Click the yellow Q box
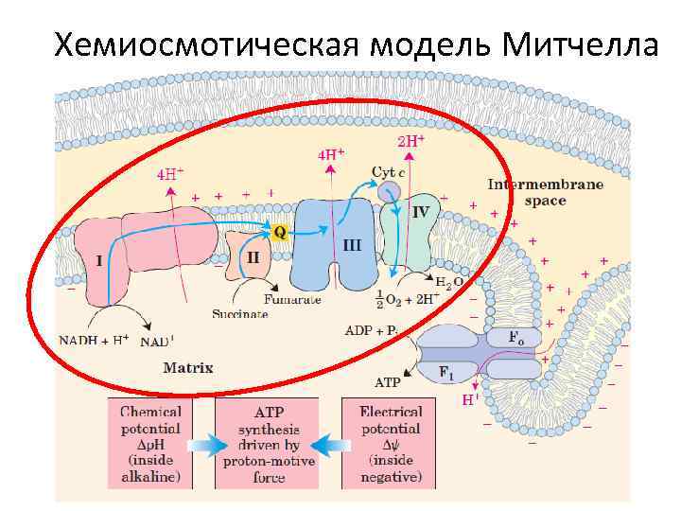[x=279, y=231]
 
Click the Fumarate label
[x=292, y=299]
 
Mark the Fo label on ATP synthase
[x=515, y=337]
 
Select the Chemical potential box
[x=150, y=443]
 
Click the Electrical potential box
[x=391, y=443]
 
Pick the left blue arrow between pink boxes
[x=202, y=444]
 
